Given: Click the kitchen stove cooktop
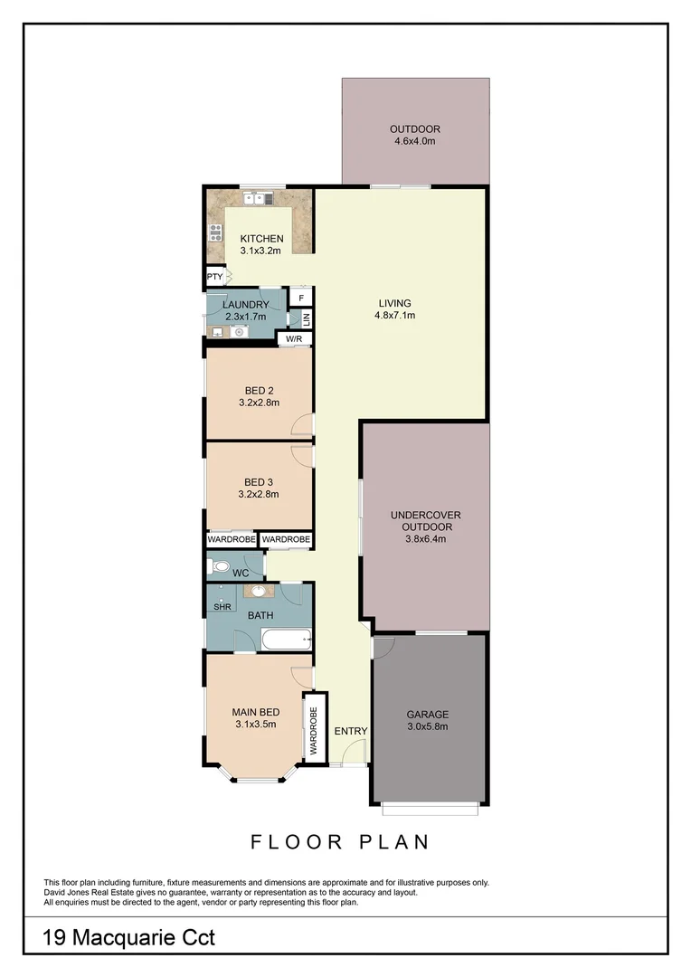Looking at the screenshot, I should coord(215,231).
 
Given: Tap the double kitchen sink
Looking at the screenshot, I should coord(257,196).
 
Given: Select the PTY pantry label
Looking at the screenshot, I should coord(214,277).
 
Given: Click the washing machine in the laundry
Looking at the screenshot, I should coord(239,332).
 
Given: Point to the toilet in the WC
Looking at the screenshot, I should coord(216,568).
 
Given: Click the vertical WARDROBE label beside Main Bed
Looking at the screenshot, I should coord(314,729).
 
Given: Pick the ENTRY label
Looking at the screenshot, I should coord(350,731).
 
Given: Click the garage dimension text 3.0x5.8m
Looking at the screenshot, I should coord(427,726).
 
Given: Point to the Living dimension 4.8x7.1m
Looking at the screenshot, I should coord(394,316).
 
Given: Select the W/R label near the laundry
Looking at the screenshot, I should coord(293,340).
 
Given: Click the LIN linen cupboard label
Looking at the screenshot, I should coord(306,318).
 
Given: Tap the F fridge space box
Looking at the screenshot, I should coord(300,296).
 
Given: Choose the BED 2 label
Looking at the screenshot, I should coord(259,391).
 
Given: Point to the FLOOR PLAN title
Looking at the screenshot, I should coord(339,842).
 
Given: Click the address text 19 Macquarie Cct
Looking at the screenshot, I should coord(129,938).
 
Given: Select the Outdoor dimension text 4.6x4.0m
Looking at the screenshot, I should coord(415,141).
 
